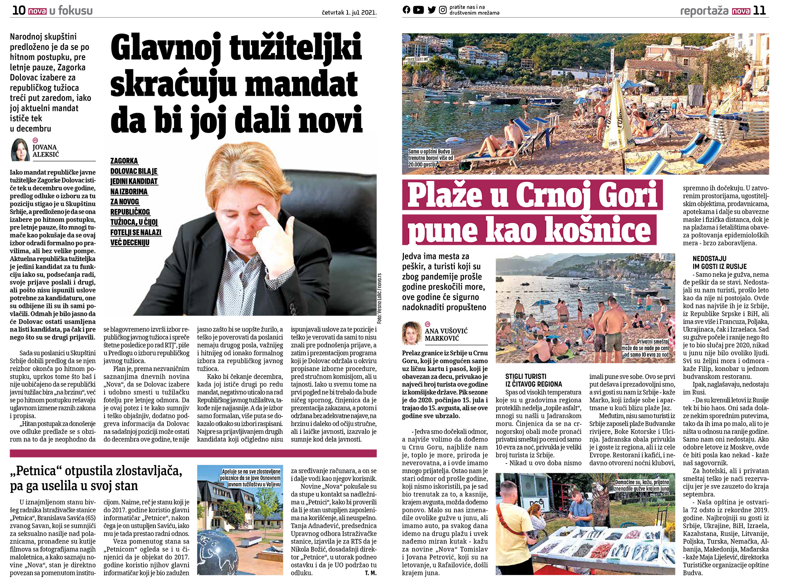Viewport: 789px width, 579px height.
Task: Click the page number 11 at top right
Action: coord(759,11)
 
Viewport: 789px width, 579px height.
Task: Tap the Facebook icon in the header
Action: coord(406,10)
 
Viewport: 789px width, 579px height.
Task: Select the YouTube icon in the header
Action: coord(418,10)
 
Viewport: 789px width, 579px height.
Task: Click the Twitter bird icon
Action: coord(432,10)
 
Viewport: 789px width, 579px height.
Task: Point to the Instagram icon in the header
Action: coord(443,10)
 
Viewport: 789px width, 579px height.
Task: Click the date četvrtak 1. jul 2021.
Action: coord(349,13)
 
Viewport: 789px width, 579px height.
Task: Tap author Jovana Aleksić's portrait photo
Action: coord(20,150)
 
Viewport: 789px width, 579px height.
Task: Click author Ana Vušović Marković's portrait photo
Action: coord(412,333)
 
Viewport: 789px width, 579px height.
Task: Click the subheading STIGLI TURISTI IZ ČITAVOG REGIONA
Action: coord(533,380)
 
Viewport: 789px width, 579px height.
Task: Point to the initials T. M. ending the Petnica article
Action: coord(370,573)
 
